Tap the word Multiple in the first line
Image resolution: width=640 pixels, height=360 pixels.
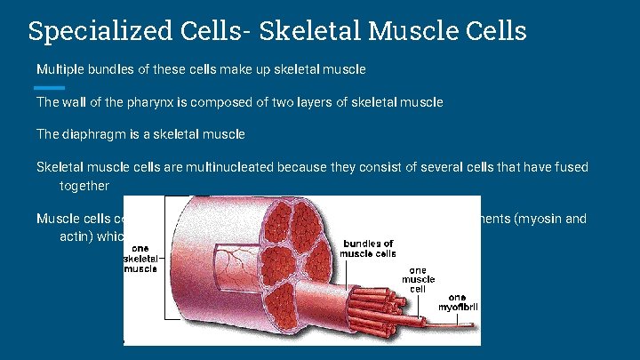[x=59, y=68]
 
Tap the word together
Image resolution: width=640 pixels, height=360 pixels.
[x=84, y=186]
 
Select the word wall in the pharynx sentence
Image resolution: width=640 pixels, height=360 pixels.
[x=76, y=102]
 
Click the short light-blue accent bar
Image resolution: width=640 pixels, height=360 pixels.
[x=49, y=88]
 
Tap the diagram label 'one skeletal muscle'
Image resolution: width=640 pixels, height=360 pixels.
[x=140, y=258]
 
